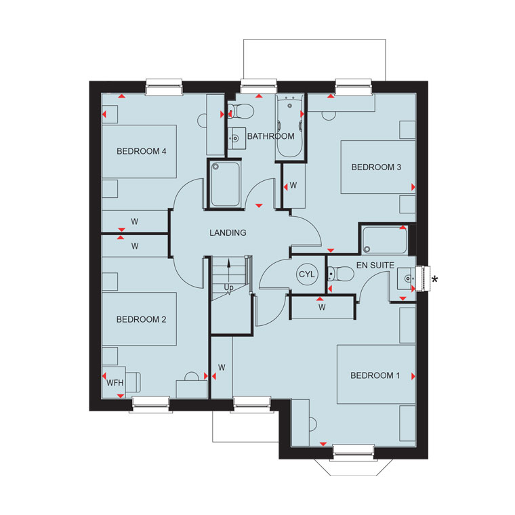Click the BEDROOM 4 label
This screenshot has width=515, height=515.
[x=141, y=151]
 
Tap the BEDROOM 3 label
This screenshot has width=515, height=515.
[x=376, y=167]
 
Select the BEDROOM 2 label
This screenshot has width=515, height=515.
[x=141, y=319]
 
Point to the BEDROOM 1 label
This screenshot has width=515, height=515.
[x=375, y=375]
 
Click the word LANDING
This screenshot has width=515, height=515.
[x=228, y=233]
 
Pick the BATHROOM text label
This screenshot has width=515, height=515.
[x=270, y=136]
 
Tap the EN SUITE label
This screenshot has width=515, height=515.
[x=375, y=265]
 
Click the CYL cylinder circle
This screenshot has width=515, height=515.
[x=307, y=274]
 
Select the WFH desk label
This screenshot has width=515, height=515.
[x=115, y=383]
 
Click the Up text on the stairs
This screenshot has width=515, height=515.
[x=228, y=288]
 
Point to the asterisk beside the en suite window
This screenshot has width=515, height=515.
[x=434, y=280]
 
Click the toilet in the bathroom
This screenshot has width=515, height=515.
[x=241, y=111]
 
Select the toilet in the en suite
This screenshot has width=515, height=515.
[x=341, y=274]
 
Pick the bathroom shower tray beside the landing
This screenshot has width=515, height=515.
[x=225, y=184]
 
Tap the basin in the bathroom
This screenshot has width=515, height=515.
[x=236, y=138]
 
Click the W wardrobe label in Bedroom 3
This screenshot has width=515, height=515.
[x=293, y=186]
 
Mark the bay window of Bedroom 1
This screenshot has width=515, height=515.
[x=353, y=461]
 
